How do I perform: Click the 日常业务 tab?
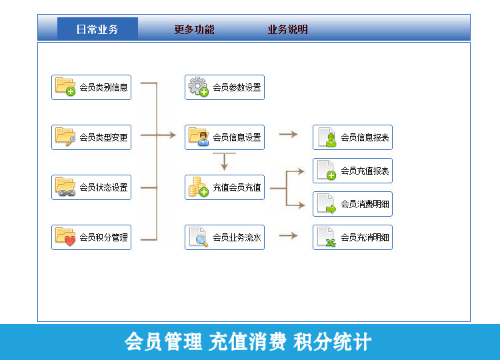[97, 29]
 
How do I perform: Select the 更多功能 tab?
[194, 29]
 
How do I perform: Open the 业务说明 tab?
[287, 29]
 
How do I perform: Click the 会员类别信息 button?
[91, 87]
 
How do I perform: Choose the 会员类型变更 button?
[91, 137]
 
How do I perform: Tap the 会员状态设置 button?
[91, 187]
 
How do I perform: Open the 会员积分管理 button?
[91, 237]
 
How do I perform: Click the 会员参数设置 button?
[225, 87]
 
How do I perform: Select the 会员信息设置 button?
[225, 137]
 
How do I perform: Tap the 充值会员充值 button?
[225, 187]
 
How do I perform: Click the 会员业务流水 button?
[225, 237]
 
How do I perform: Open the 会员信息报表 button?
[353, 137]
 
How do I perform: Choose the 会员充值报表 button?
[353, 171]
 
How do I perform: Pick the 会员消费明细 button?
[353, 204]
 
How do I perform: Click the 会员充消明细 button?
[353, 237]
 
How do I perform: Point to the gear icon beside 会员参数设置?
[199, 87]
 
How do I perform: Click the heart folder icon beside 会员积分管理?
[65, 237]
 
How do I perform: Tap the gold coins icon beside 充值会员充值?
[199, 187]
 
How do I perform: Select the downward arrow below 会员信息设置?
[225, 161]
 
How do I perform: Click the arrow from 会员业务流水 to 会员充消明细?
[288, 235]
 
